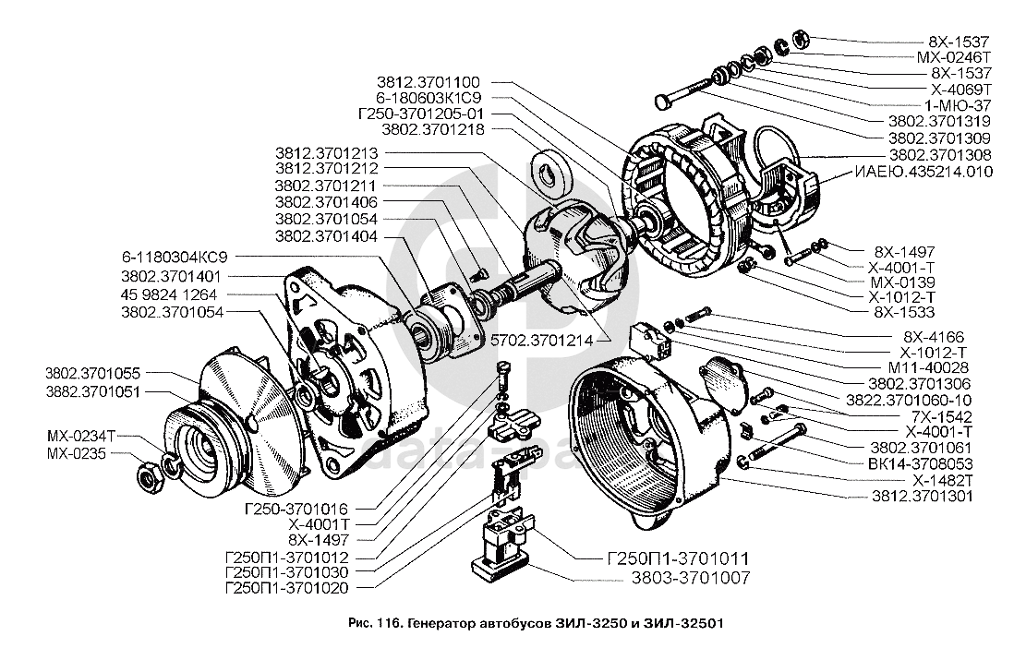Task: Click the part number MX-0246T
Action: (x=958, y=56)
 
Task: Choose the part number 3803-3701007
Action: (x=690, y=579)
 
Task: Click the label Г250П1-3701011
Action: (x=676, y=558)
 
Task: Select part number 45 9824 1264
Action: (x=169, y=294)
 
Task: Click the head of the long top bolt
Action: (x=658, y=100)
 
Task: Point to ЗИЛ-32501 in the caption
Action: (x=685, y=622)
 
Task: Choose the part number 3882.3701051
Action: (x=94, y=390)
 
